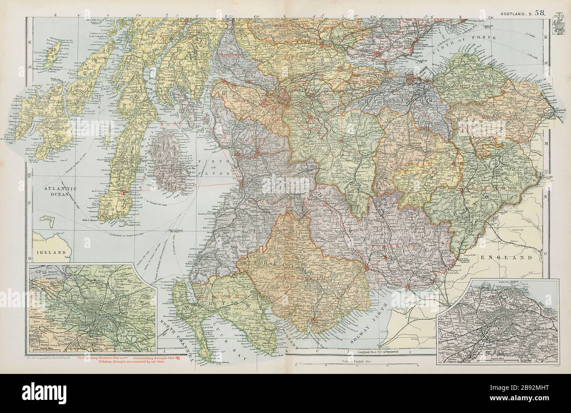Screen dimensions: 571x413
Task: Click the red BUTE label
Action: pyautogui.click(x=170, y=124)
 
